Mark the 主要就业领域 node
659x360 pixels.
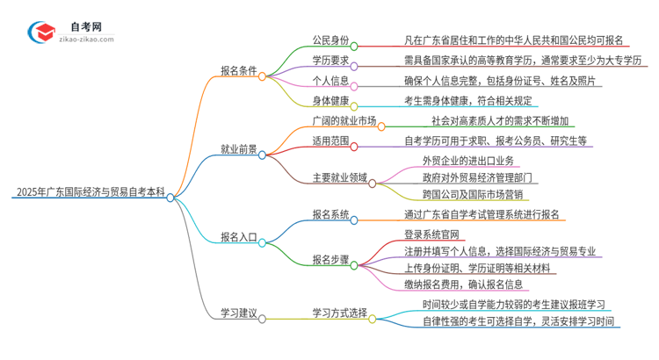(339, 178)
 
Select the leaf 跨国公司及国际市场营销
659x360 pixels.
(473, 194)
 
